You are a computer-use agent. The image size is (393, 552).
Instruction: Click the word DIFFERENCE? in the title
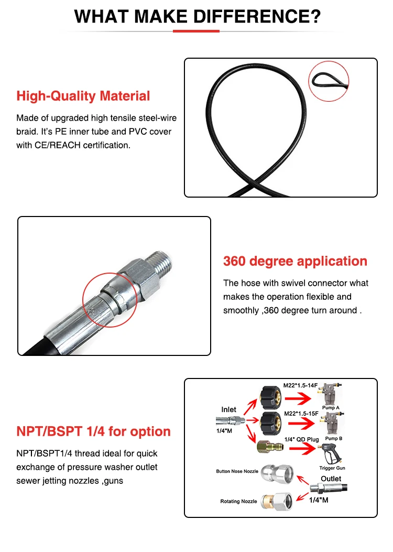pyautogui.click(x=257, y=16)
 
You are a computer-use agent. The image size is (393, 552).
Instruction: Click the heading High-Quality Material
pyautogui.click(x=83, y=96)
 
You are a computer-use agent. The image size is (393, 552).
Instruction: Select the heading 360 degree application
pyautogui.click(x=295, y=261)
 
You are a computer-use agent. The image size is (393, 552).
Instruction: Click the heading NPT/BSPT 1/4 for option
pyautogui.click(x=94, y=431)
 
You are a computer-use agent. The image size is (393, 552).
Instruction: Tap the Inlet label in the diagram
pyautogui.click(x=228, y=409)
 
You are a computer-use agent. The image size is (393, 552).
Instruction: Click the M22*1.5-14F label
pyautogui.click(x=300, y=385)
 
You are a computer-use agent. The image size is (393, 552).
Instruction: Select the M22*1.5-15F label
pyautogui.click(x=301, y=414)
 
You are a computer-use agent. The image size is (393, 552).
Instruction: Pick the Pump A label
pyautogui.click(x=331, y=408)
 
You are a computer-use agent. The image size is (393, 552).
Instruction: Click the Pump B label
pyautogui.click(x=334, y=439)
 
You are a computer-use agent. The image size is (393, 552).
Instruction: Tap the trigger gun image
pyautogui.click(x=331, y=453)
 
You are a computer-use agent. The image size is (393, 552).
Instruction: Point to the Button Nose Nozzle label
pyautogui.click(x=237, y=471)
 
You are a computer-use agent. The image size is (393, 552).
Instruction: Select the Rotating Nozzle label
pyautogui.click(x=238, y=501)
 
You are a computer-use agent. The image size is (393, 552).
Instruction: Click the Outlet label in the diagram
pyautogui.click(x=331, y=479)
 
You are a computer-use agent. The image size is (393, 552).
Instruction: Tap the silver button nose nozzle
pyautogui.click(x=277, y=473)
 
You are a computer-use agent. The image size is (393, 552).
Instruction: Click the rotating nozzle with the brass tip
pyautogui.click(x=277, y=501)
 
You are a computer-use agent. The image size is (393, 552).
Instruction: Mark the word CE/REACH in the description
pyautogui.click(x=57, y=145)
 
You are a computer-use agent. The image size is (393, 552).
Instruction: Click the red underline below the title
pyautogui.click(x=196, y=31)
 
